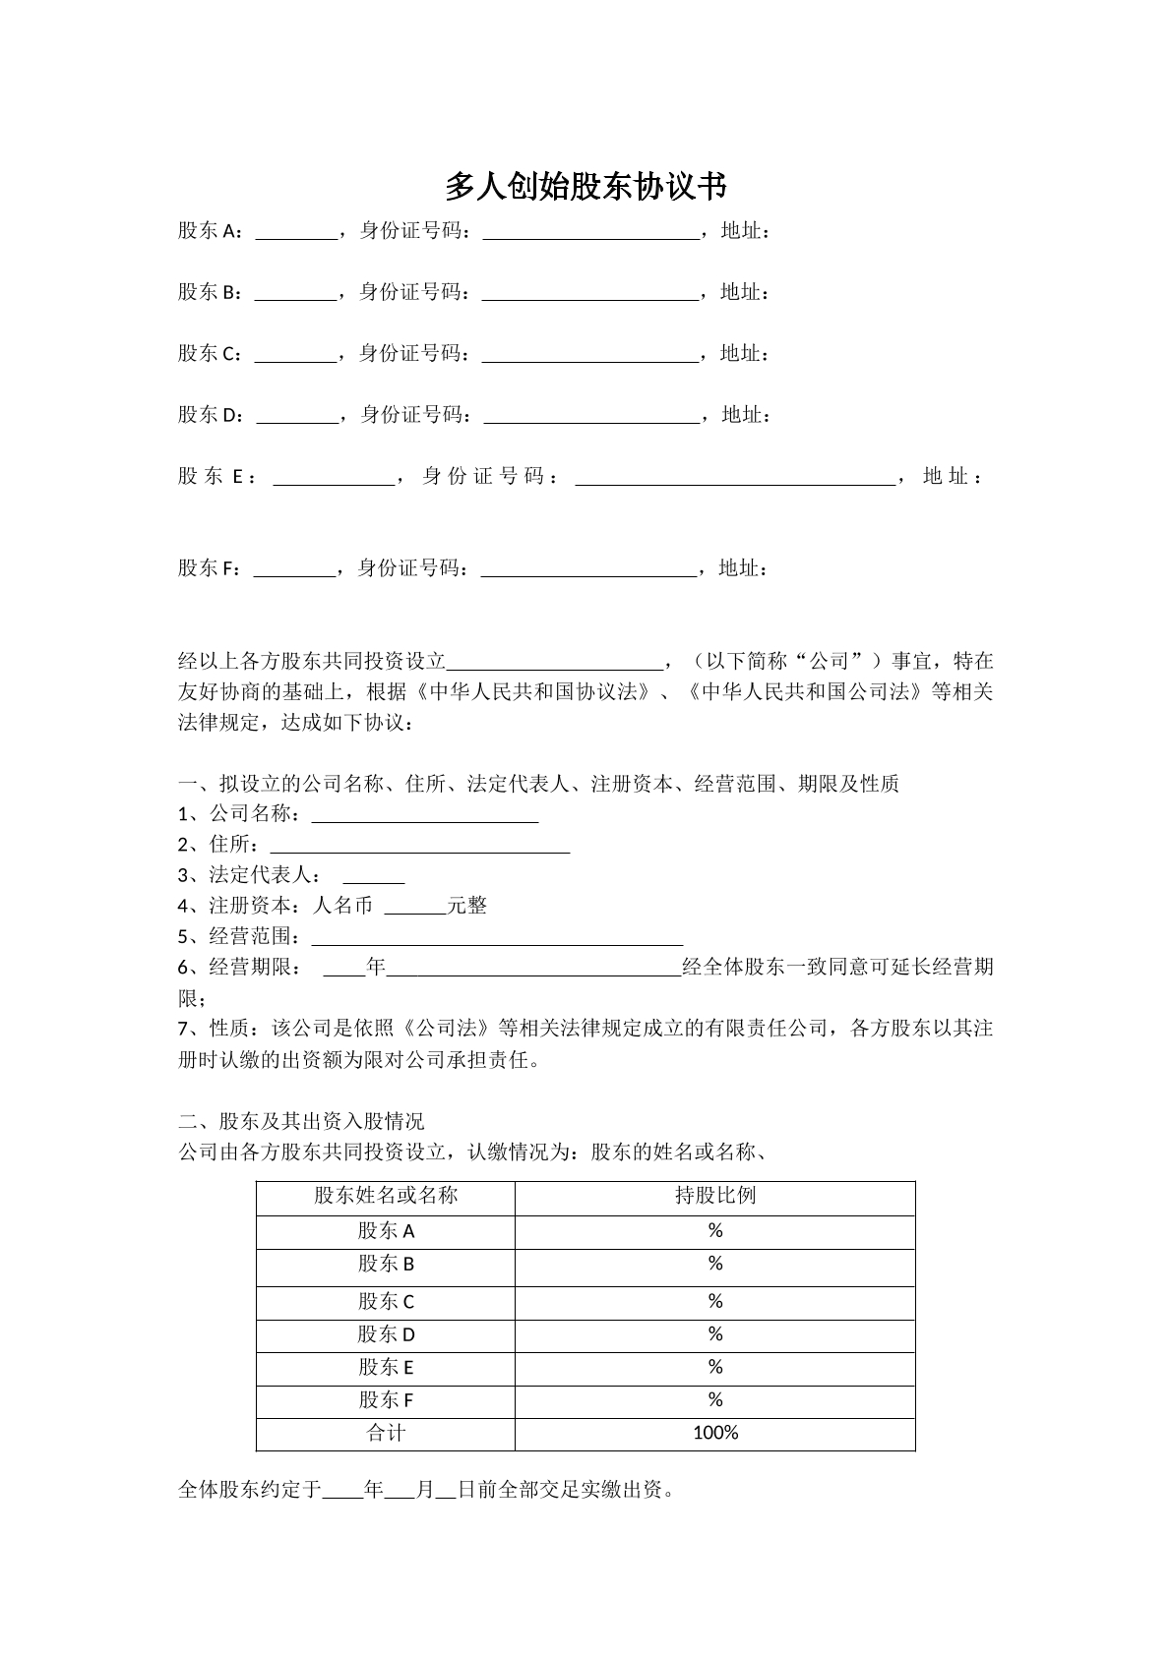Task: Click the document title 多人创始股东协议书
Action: click(x=585, y=186)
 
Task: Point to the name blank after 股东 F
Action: click(x=294, y=569)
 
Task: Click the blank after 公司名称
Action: click(x=424, y=815)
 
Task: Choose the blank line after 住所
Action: click(x=420, y=846)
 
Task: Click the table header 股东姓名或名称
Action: click(x=386, y=1196)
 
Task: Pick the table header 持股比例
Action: click(x=715, y=1196)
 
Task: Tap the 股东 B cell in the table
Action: click(x=386, y=1264)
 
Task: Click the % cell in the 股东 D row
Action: click(x=715, y=1334)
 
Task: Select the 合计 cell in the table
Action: click(x=386, y=1434)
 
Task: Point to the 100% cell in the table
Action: click(x=715, y=1434)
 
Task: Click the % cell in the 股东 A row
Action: click(x=715, y=1231)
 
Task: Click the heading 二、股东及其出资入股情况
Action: click(x=301, y=1122)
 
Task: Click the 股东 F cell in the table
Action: click(x=386, y=1400)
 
